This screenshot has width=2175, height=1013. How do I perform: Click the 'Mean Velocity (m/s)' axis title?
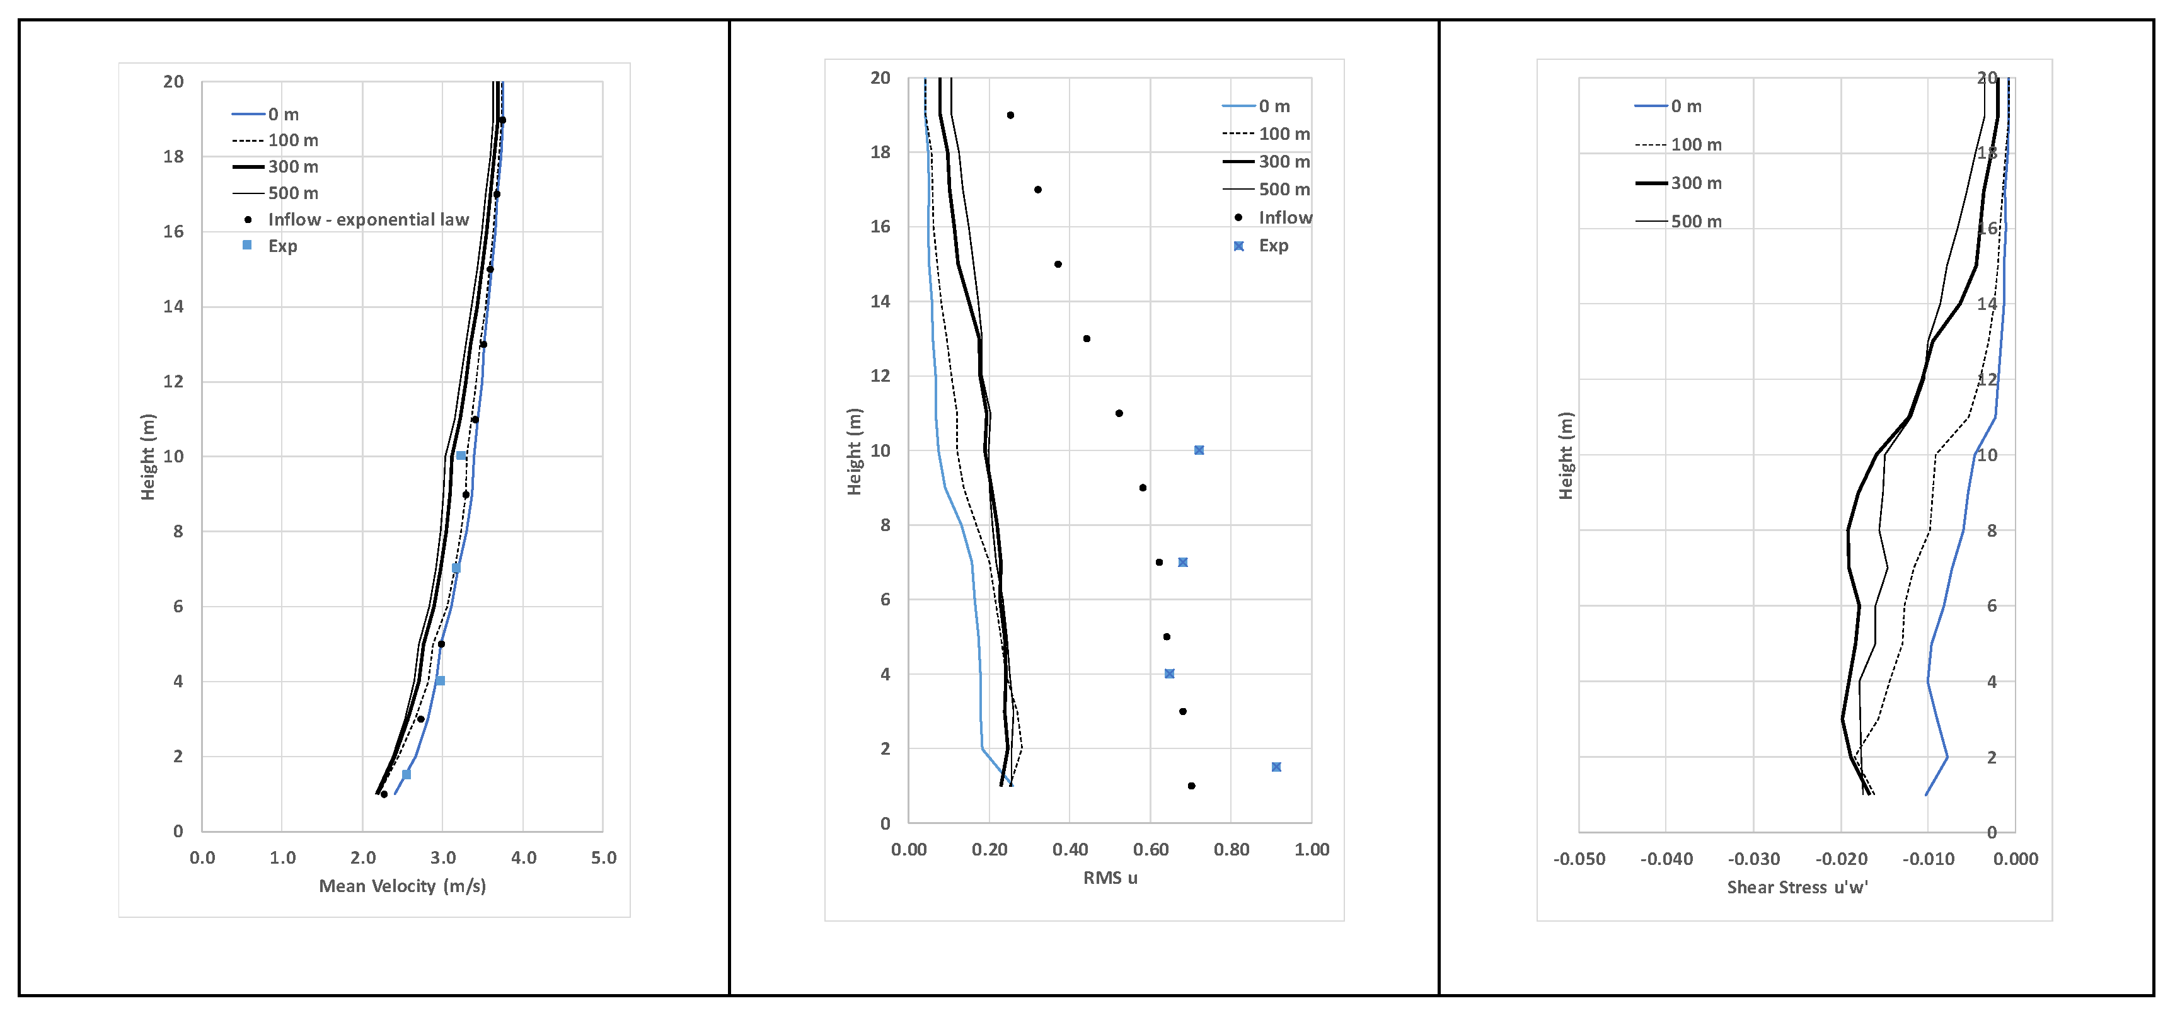tap(402, 886)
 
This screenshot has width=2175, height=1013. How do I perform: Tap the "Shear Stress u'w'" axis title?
tap(1797, 887)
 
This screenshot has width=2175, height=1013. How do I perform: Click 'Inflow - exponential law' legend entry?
tap(367, 219)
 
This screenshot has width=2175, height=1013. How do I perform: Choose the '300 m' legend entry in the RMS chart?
tap(1283, 161)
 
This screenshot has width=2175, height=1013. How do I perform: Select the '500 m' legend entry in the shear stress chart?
tap(1695, 221)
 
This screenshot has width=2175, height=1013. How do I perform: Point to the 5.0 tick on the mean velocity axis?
tap(603, 857)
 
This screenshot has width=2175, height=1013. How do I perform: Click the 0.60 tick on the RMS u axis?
tap(1150, 849)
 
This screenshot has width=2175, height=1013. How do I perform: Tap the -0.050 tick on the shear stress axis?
tap(1579, 859)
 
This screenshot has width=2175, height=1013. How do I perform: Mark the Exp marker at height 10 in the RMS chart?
tap(1199, 450)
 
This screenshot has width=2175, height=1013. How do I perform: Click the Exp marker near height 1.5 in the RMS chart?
tap(1276, 767)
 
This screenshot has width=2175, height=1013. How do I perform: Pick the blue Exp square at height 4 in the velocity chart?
tap(440, 680)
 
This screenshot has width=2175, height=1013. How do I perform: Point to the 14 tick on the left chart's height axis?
tap(173, 306)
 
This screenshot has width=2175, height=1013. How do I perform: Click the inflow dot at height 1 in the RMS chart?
tap(1191, 786)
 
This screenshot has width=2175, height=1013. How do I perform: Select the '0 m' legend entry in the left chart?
tap(283, 114)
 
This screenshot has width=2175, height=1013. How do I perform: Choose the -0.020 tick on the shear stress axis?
tap(1840, 859)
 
